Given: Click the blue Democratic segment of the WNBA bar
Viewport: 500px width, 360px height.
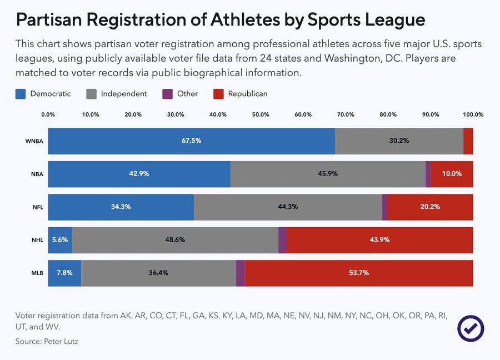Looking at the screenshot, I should coord(191,141).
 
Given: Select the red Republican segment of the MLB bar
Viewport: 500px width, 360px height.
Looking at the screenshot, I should coord(359,273).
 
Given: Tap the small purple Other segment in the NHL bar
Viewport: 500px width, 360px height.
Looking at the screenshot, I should coord(282,240).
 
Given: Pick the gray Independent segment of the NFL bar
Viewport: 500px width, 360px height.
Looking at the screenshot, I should coord(288,207).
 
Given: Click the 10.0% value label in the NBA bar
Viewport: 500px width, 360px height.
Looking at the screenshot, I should coord(452,174).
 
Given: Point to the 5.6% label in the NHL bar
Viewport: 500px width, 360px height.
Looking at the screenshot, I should coord(59,240).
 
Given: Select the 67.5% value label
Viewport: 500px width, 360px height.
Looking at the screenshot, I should coord(191,141).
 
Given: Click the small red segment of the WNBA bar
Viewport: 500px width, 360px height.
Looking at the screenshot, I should coord(468,141).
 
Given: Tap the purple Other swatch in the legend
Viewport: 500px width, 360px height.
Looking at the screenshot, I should coord(167,94).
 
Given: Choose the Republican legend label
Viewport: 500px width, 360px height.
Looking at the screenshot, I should coord(248,94).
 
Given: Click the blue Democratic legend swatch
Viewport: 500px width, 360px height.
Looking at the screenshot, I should coord(21,94).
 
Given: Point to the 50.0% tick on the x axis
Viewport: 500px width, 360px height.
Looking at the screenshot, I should coord(261,114).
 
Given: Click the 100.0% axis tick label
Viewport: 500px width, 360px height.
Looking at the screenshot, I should coord(473,114).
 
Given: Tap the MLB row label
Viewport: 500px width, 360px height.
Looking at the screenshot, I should coord(37,273).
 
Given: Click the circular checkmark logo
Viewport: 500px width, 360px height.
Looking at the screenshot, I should coord(471,328).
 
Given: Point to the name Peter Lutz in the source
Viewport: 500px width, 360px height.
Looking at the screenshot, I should coord(61,341).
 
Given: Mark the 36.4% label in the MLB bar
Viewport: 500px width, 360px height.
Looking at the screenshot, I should coord(158,273).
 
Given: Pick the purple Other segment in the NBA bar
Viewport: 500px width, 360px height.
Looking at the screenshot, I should coord(428,174).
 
